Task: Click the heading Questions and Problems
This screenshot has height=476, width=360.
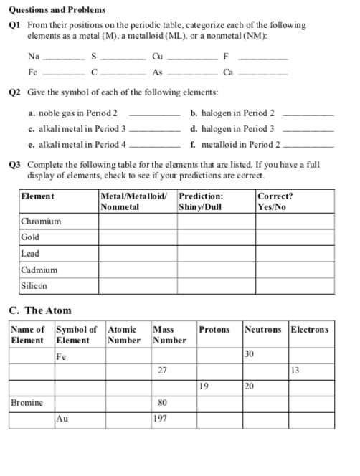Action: point(57,10)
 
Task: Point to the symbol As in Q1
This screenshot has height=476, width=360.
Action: point(158,72)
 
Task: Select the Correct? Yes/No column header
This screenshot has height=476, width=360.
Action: point(275,200)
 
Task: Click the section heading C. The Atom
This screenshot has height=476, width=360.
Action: point(39,311)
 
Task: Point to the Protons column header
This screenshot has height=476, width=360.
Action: point(214,330)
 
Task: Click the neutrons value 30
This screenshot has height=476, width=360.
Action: point(250,354)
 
